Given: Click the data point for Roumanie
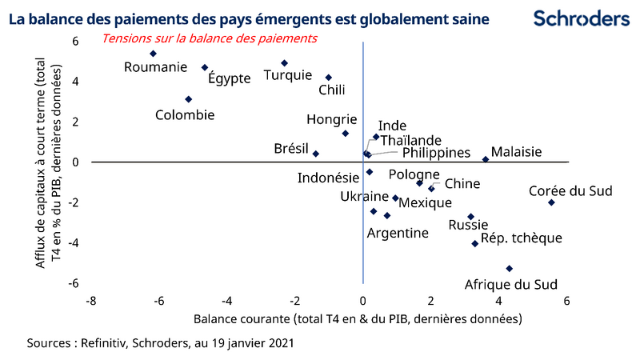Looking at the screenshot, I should pyautogui.click(x=153, y=54).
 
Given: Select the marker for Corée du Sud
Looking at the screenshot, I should pyautogui.click(x=551, y=202).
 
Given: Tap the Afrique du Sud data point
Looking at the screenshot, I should pyautogui.click(x=509, y=269).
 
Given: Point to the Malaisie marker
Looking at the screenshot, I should pyautogui.click(x=486, y=159).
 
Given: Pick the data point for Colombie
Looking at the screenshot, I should pyautogui.click(x=188, y=99).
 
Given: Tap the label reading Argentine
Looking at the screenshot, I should pyautogui.click(x=398, y=233).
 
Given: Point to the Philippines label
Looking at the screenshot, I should pyautogui.click(x=435, y=152).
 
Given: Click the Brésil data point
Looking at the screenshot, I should pyautogui.click(x=316, y=154).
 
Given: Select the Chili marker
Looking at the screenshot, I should pyautogui.click(x=329, y=78).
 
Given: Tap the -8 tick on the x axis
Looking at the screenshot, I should pyautogui.click(x=91, y=301).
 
